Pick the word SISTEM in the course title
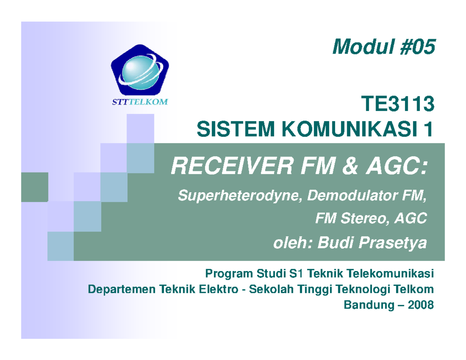(226, 129)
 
